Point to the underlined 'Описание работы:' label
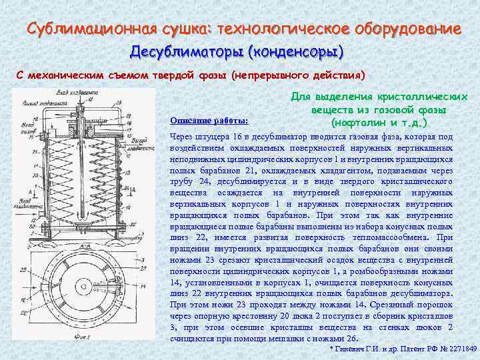pyautogui.click(x=209, y=121)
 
